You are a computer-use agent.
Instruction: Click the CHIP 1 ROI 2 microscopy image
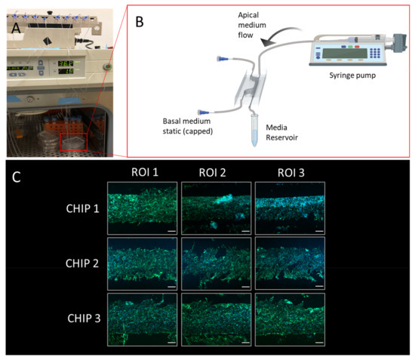[216, 207]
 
